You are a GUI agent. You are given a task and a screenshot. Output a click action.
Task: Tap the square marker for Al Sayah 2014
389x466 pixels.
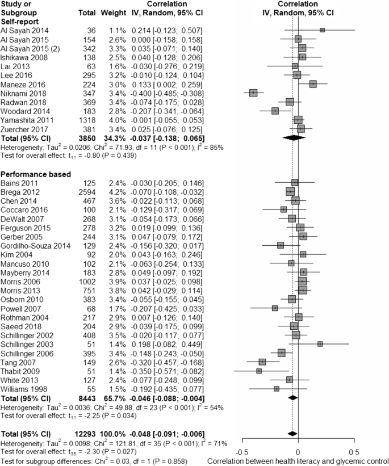pos(322,30)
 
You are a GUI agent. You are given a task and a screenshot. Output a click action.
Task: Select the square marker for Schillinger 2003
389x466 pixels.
pos(320,344)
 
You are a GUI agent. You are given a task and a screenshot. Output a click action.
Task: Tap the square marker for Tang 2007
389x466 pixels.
pos(262,362)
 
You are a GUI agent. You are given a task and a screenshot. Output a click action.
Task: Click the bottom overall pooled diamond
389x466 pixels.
pos(292,434)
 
